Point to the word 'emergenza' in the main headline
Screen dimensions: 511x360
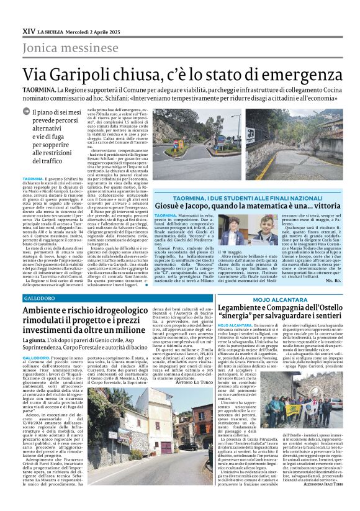coord(292,75)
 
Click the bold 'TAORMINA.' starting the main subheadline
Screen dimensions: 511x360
coord(39,90)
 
